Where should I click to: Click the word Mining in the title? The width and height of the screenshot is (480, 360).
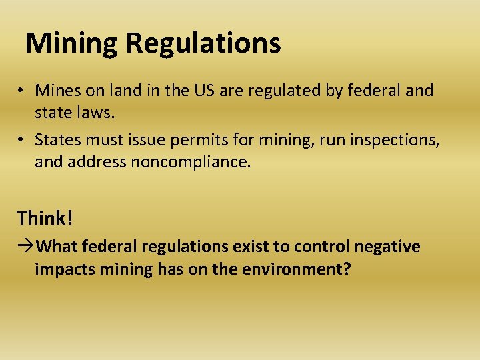point(71,44)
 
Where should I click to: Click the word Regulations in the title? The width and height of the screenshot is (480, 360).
point(203,44)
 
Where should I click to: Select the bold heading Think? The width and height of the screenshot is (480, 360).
point(43,218)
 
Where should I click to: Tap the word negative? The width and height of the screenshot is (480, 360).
point(387,247)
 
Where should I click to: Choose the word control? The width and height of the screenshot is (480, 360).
point(322,247)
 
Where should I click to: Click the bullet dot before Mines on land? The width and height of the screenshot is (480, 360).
point(22,91)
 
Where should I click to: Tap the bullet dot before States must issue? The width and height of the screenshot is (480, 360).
point(22,139)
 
